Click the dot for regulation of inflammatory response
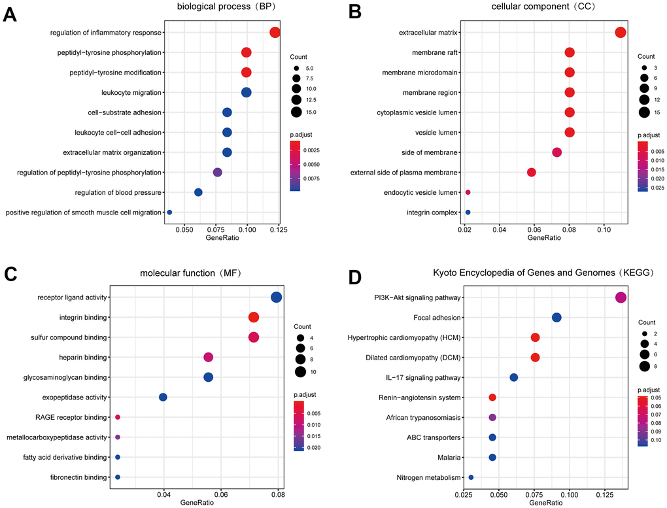275,33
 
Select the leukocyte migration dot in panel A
247,93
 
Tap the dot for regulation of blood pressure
198,192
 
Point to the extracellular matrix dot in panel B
621,33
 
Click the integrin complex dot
468,212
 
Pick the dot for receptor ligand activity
276,297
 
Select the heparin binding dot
209,357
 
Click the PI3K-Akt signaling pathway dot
621,297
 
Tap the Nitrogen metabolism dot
471,477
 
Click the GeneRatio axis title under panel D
544,503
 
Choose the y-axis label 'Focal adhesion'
437,318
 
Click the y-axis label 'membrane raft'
434,52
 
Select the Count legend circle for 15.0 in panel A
296,112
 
